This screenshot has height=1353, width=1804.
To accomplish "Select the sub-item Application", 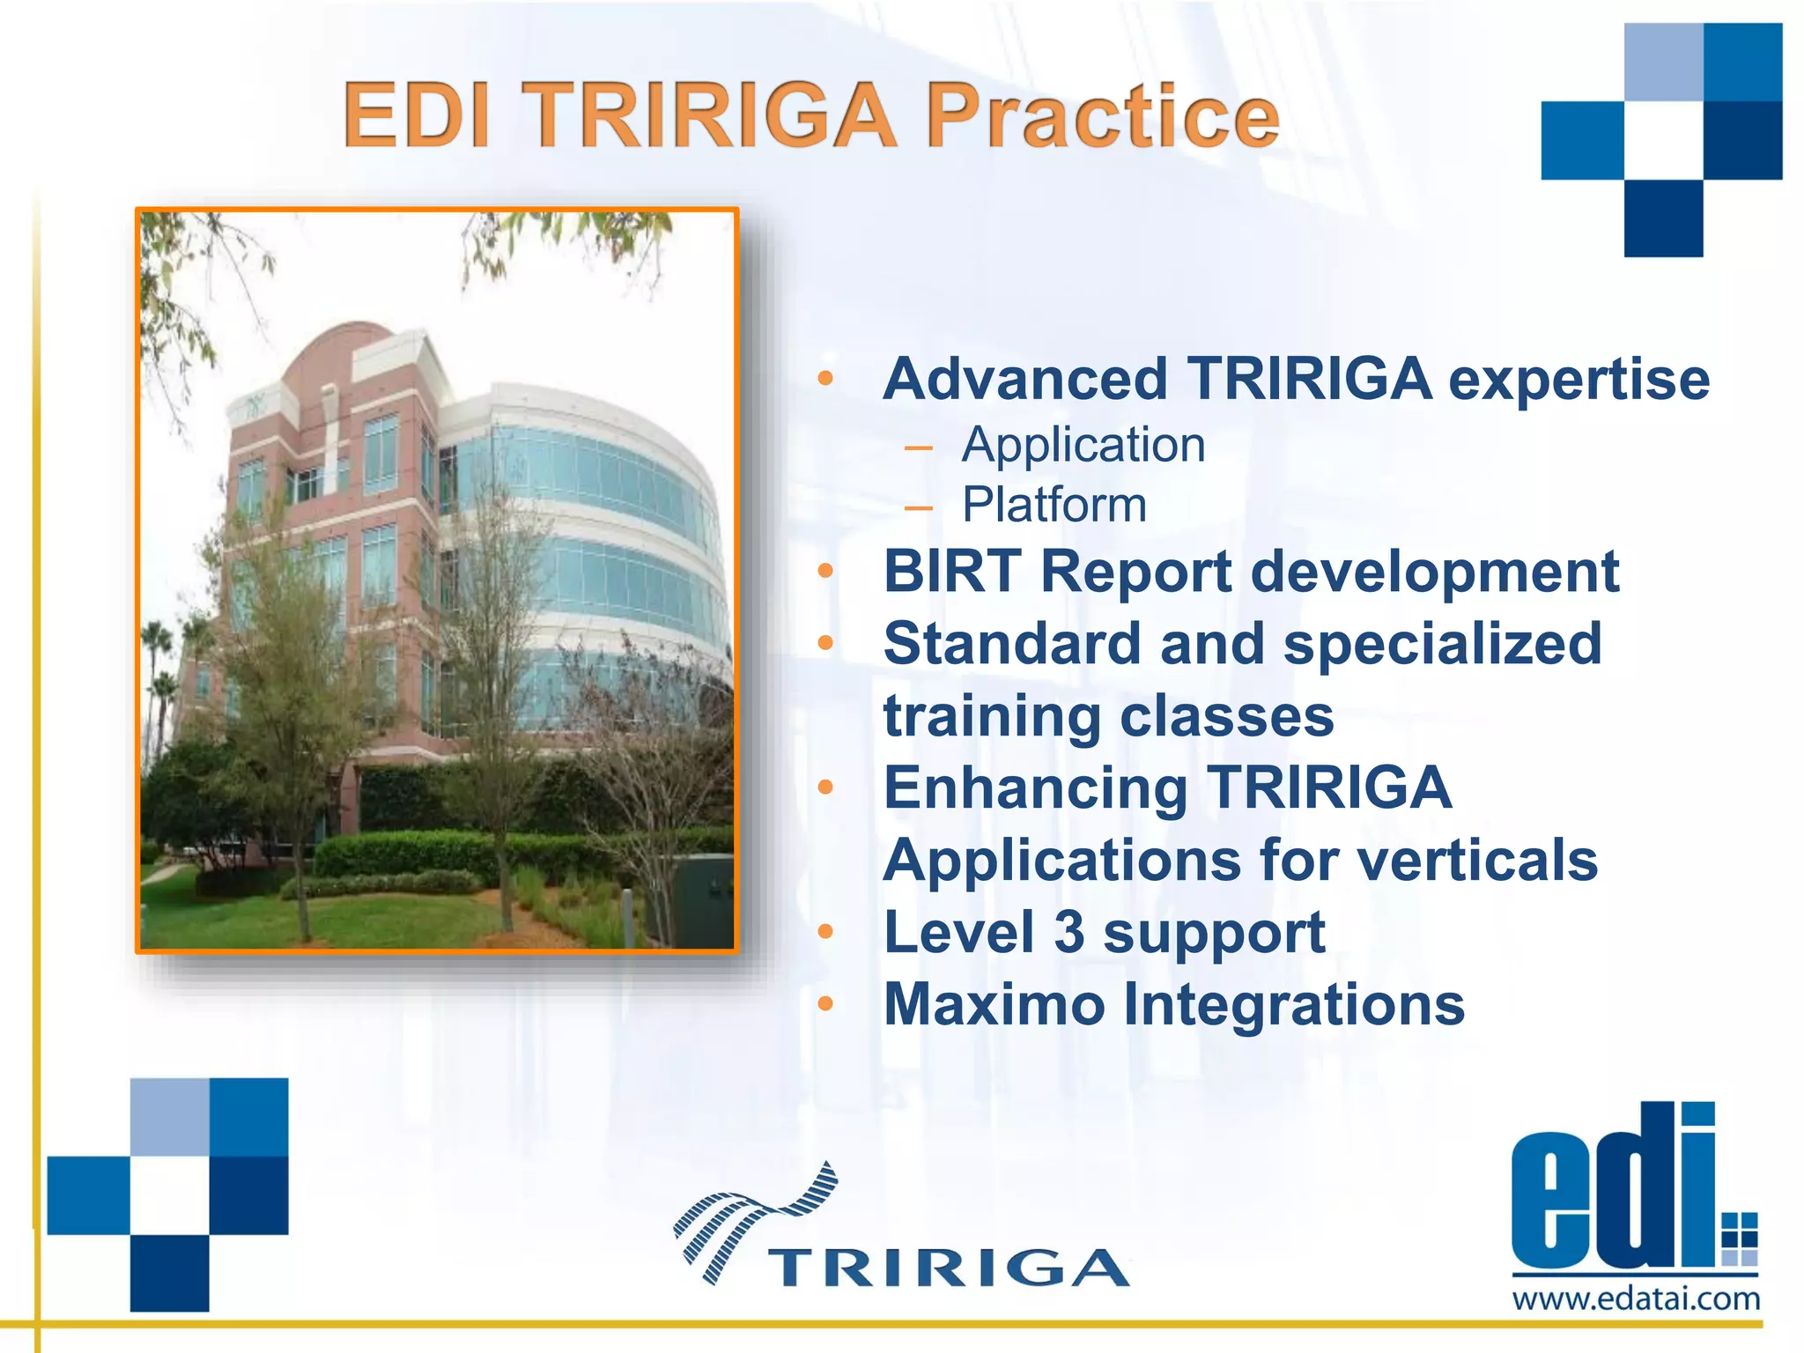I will (1083, 445).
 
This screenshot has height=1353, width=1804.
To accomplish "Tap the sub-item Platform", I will (1054, 505).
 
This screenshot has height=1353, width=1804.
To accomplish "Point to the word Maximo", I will (994, 1004).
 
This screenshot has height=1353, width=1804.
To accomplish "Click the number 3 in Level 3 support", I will (1068, 932).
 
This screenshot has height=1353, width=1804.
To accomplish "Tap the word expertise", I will (1578, 380).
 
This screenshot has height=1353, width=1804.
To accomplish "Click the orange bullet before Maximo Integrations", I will (824, 1003).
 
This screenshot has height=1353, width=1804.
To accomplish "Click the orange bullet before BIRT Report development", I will (824, 571).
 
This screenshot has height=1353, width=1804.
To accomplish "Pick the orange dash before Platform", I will (918, 507).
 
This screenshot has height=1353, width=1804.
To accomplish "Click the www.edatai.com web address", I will (1636, 1299).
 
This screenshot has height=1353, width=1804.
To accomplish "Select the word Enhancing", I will (1035, 787).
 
